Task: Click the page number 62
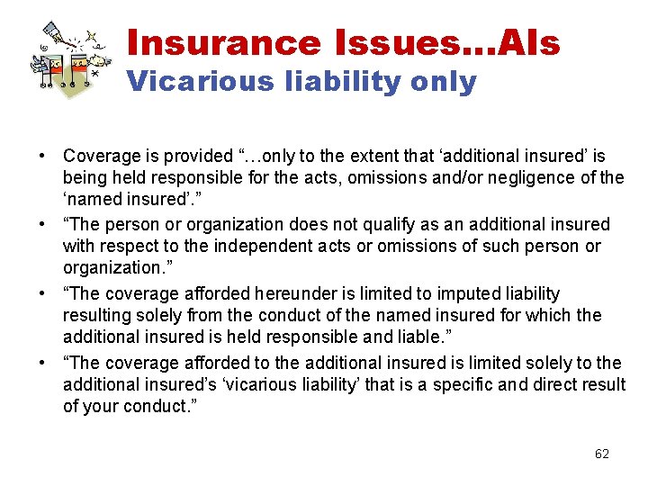pos(602,454)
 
